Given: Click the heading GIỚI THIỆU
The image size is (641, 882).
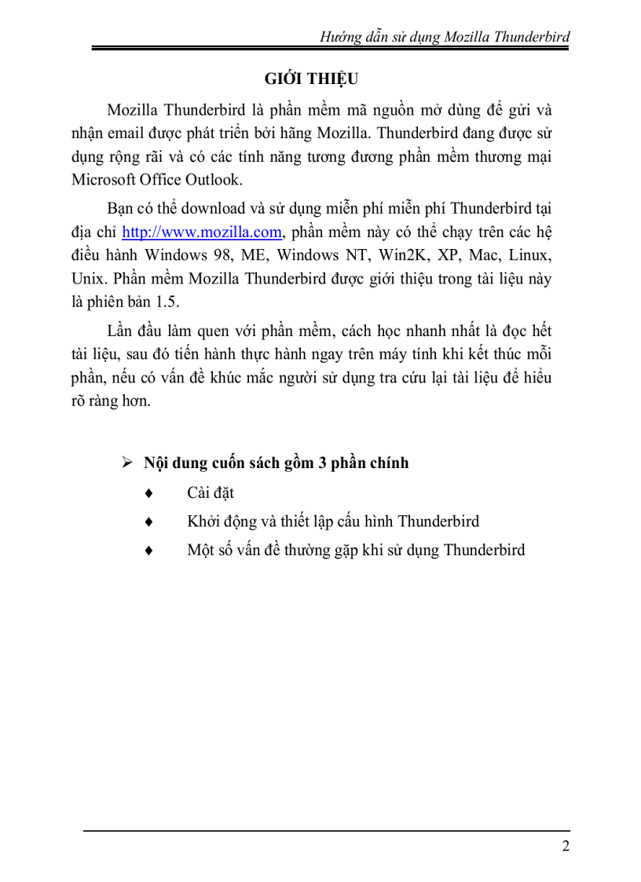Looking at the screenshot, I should point(311,79).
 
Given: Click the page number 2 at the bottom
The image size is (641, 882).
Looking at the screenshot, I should point(566,847).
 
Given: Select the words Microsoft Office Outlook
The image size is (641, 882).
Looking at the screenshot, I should point(167,180).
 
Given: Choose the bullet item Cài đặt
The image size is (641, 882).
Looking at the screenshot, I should point(211,493).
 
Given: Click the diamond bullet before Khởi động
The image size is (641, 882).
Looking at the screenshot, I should point(150,522).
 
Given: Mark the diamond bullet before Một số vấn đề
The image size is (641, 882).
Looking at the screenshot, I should point(150,550).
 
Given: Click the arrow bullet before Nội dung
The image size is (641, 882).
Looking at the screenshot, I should point(127,463).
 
